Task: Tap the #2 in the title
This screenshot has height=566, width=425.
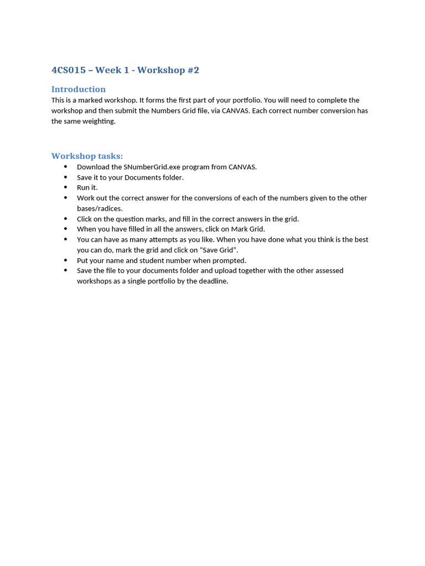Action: [x=192, y=70]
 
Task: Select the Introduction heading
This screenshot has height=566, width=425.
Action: [x=79, y=90]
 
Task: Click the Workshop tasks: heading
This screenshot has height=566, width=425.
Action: [x=87, y=156]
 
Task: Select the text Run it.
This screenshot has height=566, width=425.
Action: [x=87, y=188]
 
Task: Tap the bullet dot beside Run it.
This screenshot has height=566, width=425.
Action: [x=65, y=187]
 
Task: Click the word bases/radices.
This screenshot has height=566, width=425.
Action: [x=100, y=208]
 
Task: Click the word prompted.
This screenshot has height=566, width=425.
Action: [x=229, y=260]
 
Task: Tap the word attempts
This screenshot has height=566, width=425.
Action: [x=161, y=240]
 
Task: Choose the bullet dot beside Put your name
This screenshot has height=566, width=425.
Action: [x=65, y=260]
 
